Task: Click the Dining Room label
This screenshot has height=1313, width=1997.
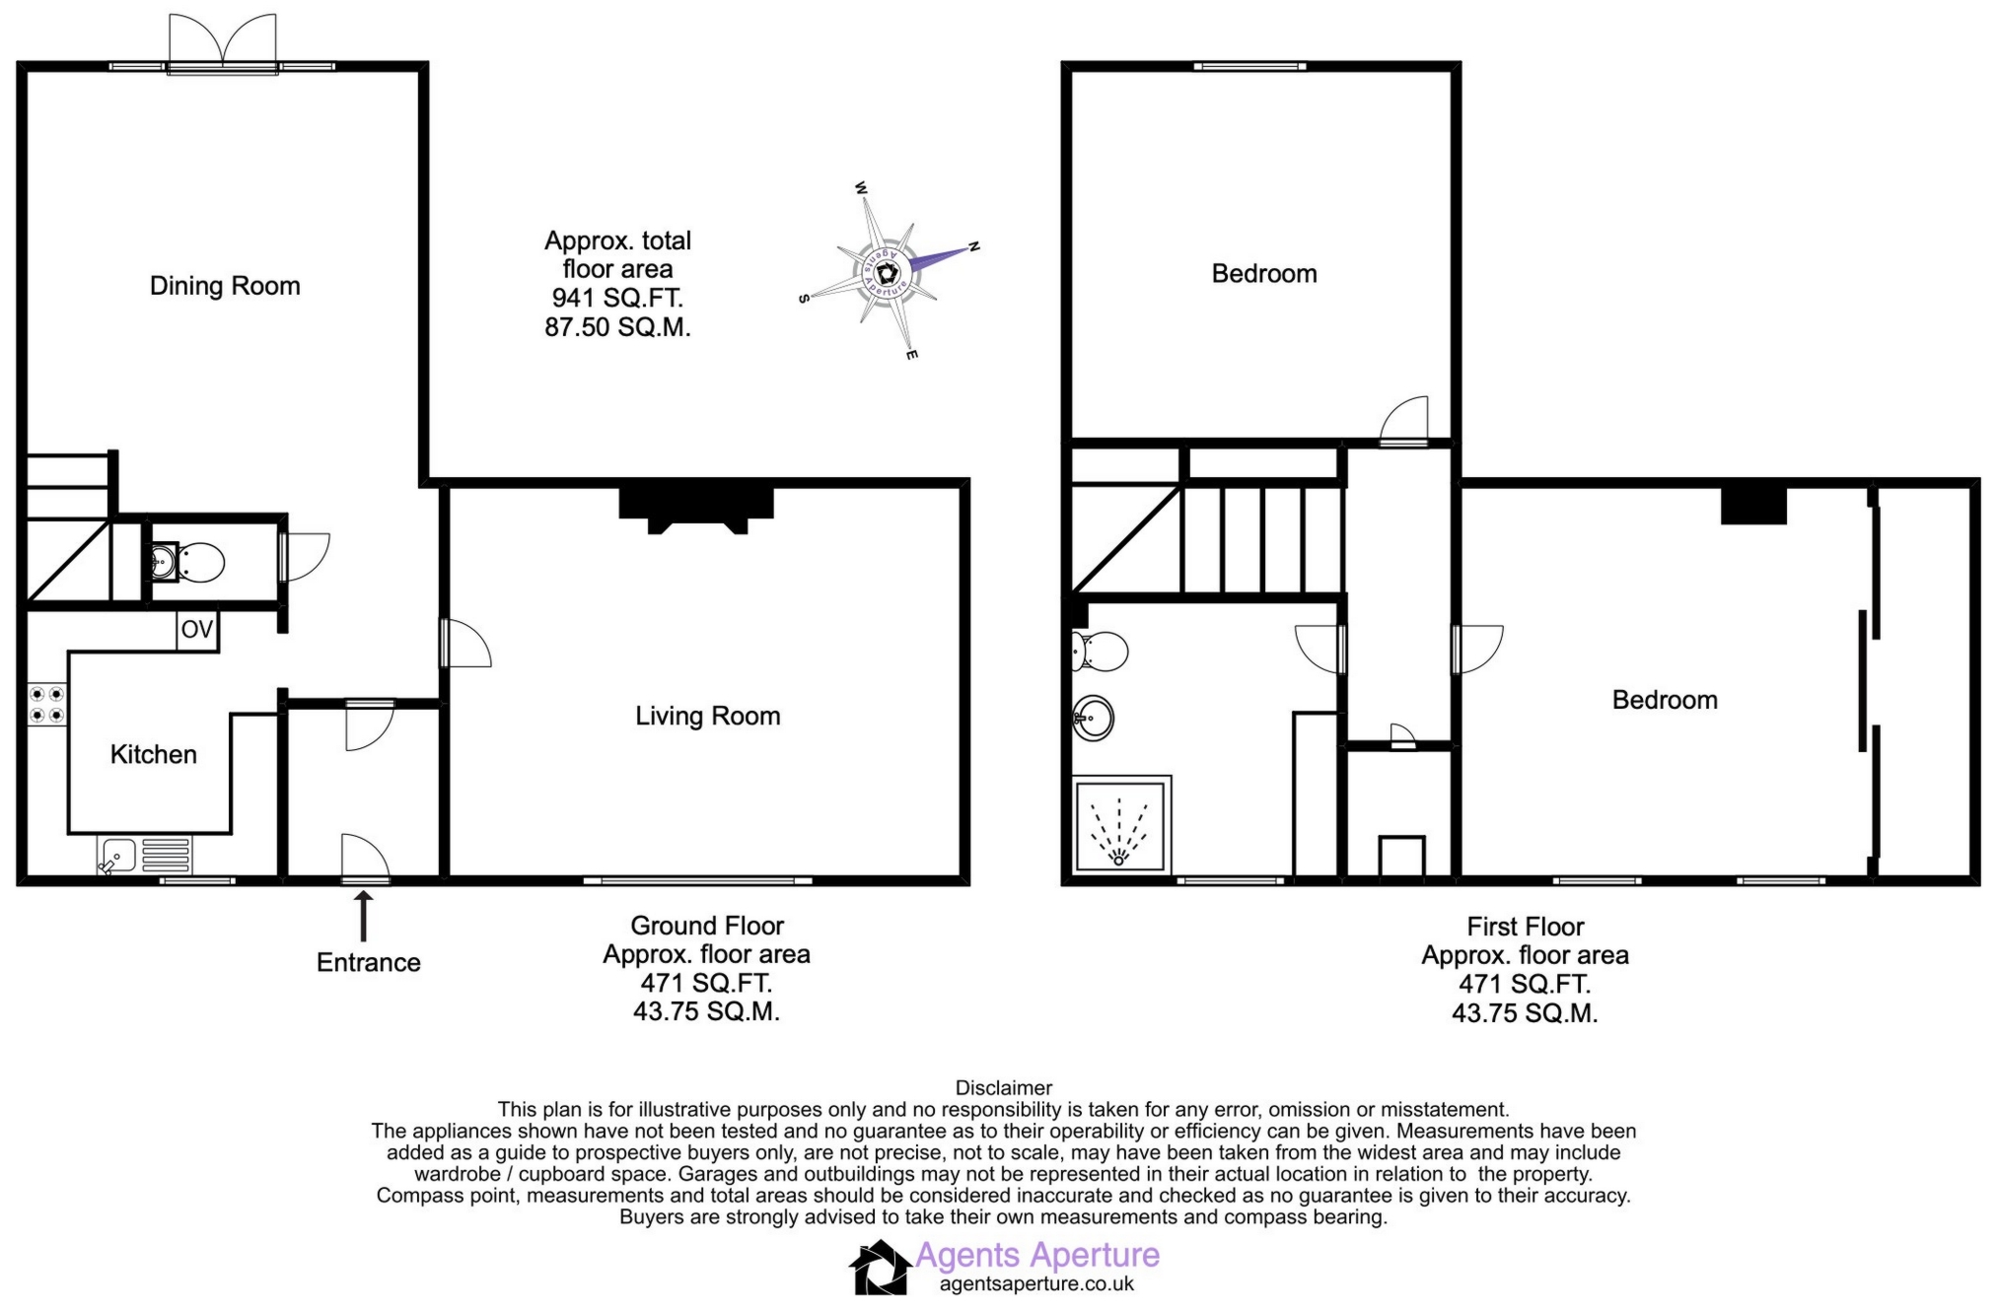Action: [225, 286]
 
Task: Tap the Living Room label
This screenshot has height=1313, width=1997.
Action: [707, 717]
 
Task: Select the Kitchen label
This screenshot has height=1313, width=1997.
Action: [153, 755]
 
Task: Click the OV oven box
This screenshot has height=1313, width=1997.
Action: [197, 630]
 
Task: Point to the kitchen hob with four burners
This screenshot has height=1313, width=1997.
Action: [46, 704]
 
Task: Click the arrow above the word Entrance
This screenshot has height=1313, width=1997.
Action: [363, 916]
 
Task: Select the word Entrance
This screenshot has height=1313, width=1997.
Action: [368, 963]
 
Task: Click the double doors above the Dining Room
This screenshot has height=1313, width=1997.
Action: [223, 42]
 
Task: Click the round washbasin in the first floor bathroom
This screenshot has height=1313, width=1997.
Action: [1093, 718]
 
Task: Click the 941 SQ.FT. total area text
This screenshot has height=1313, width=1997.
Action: [617, 298]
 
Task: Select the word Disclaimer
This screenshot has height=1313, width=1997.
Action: [1004, 1088]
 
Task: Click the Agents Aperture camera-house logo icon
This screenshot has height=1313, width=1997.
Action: [880, 1268]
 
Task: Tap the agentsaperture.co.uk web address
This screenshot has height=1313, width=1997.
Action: [1036, 1284]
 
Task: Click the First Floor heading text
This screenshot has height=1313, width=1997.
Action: [1525, 928]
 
